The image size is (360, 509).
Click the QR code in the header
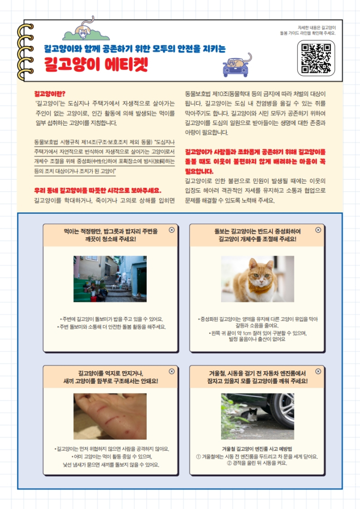[x=316, y=58]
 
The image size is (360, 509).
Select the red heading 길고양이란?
[x=46, y=94]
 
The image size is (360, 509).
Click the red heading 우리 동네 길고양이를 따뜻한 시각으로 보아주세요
[x=97, y=190]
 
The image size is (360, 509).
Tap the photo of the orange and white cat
[x=258, y=279]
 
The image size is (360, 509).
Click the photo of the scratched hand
[x=109, y=416]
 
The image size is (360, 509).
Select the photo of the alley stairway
[x=109, y=279]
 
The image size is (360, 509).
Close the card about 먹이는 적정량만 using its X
[x=172, y=230]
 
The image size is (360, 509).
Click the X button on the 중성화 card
[x=318, y=230]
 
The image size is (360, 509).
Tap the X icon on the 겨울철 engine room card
[x=318, y=371]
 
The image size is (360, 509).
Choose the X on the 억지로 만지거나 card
[x=172, y=371]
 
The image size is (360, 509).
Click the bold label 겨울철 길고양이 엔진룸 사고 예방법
[x=257, y=449]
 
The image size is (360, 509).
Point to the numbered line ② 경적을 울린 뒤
[x=257, y=463]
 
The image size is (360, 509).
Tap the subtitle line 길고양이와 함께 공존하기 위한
[x=134, y=49]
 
